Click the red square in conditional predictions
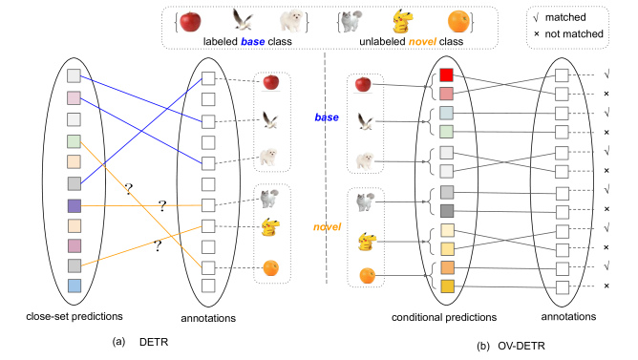pos(445,74)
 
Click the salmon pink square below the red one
pos(445,94)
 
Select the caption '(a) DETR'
pos(129,340)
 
